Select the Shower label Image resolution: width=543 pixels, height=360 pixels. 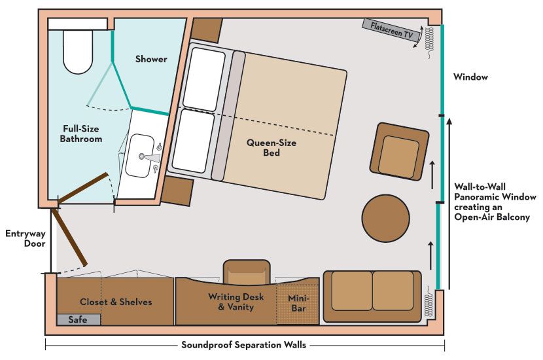pos(151,59)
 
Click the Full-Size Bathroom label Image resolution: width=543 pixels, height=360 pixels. pos(81,134)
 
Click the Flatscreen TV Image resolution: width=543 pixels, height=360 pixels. pos(391,31)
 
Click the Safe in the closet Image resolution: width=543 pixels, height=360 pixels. pos(78,319)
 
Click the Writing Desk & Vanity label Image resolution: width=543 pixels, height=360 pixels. pos(236,302)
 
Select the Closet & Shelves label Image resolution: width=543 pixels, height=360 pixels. pos(116,302)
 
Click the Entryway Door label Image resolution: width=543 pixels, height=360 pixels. pos(25,238)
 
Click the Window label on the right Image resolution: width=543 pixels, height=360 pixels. pos(470,77)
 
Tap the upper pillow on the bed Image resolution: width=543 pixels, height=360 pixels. pos(203,79)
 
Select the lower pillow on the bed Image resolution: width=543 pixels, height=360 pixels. pos(193,141)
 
